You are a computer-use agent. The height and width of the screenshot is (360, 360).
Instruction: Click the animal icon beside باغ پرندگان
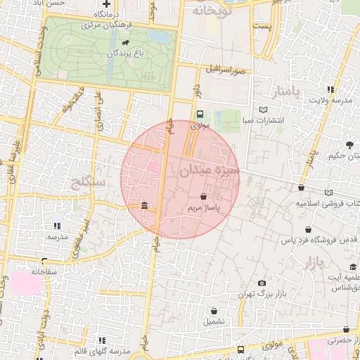coord(124,42)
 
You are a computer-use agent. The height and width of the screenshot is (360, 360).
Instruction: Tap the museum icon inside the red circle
coord(144,206)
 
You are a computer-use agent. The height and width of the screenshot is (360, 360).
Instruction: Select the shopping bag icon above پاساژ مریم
coord(203,197)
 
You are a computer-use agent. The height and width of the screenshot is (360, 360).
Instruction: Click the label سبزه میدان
coord(209,170)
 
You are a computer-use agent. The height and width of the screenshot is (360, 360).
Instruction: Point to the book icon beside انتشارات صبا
coord(263,110)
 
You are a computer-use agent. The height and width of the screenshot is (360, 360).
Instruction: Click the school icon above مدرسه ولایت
coord(330,89)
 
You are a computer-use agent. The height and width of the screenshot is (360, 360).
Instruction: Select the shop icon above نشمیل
coord(214,311)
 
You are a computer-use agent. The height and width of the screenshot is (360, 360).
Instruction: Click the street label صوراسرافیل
coord(225,70)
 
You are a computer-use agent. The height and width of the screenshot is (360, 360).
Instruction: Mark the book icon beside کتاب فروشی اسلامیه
coord(329,193)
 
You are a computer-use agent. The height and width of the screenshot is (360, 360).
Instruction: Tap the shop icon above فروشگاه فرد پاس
coord(308,229)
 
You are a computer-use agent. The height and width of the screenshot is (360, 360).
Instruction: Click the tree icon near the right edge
coord(349,146)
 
